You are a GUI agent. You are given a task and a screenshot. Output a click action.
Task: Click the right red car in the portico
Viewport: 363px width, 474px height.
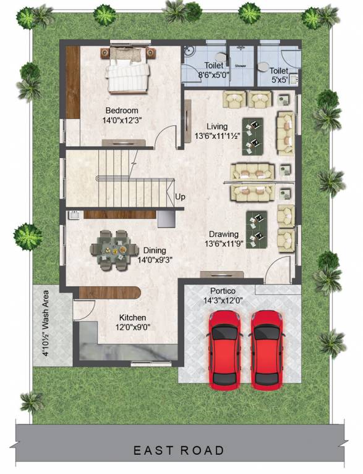point(268,349)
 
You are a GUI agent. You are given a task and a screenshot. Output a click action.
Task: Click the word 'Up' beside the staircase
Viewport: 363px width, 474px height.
point(180,197)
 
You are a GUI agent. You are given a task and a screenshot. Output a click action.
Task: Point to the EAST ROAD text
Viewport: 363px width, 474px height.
point(179,451)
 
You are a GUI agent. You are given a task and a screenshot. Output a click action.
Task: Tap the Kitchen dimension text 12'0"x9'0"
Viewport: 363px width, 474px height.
point(133,328)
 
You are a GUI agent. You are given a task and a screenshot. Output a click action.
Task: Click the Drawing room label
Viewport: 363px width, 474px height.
point(223,235)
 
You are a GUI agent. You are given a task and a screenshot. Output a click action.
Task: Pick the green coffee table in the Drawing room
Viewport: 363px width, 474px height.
point(257,228)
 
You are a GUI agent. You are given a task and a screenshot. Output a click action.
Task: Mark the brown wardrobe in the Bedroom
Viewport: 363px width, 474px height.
point(73,81)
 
